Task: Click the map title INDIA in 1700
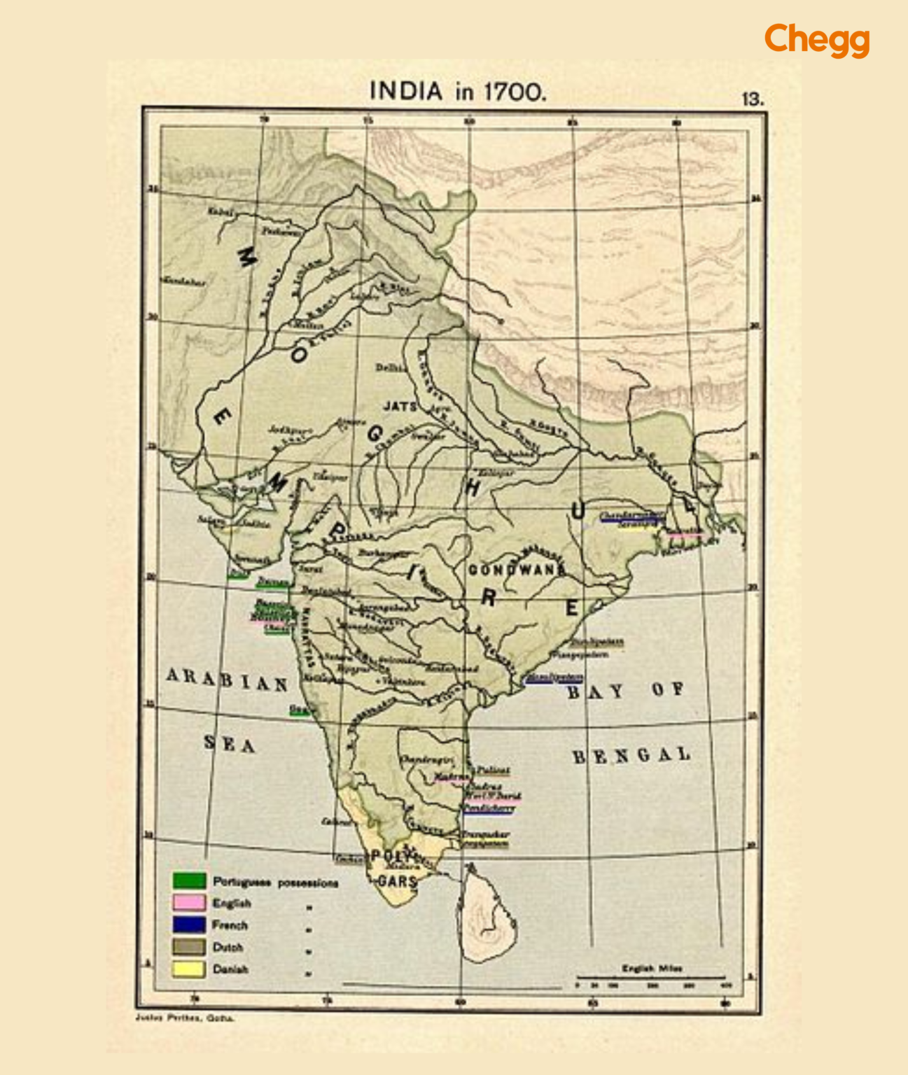456,92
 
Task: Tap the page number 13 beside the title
752,99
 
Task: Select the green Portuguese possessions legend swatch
189,880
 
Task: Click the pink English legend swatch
189,902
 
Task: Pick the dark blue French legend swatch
189,925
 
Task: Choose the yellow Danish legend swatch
189,969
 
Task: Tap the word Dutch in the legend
228,947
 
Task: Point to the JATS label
399,406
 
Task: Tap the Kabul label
219,211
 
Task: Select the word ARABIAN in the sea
227,679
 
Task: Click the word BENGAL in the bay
631,756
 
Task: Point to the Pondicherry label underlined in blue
489,808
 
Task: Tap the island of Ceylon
488,917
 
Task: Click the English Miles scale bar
651,977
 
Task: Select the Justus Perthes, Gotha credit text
185,1018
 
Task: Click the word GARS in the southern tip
397,881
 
